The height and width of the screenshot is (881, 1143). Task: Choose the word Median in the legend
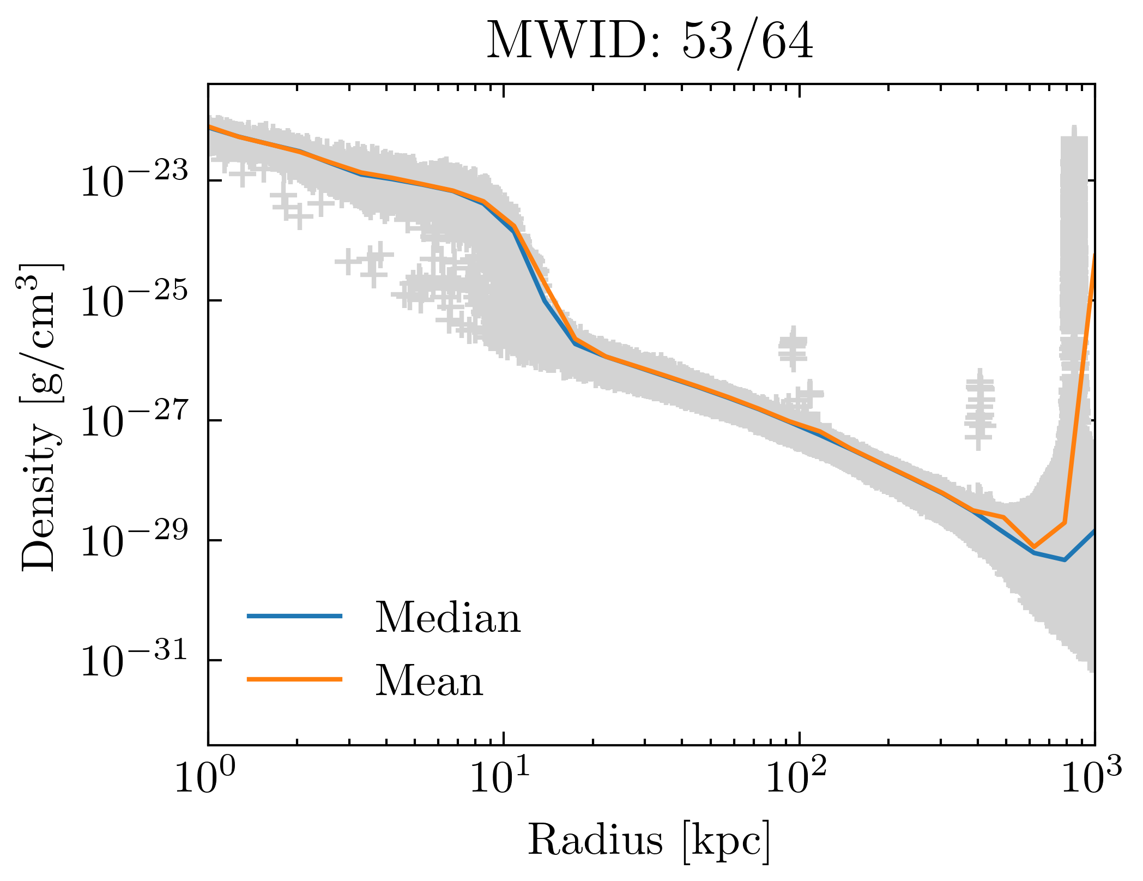447,617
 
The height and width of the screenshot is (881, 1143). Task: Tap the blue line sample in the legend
295,616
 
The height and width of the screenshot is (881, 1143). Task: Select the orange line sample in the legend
295,679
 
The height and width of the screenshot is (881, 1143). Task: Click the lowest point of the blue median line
1064,560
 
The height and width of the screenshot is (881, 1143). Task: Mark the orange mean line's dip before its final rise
1033,547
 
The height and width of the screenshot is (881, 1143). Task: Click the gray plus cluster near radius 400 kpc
979,409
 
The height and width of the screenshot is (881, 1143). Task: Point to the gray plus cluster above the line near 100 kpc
793,349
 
